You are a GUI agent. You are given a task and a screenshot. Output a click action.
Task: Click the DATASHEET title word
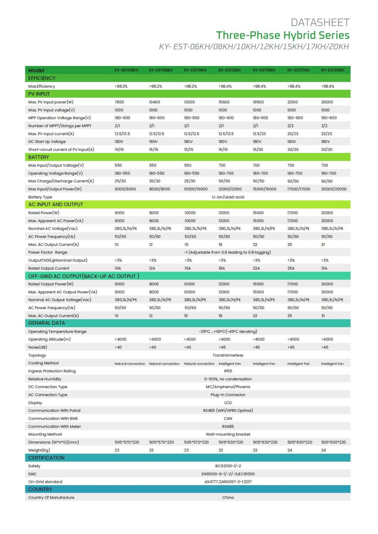pos(320,23)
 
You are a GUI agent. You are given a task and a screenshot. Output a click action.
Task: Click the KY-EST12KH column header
pos(229,70)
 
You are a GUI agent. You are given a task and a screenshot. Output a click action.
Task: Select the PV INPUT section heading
pos(39,94)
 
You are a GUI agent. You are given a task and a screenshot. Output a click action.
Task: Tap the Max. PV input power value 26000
pos(327,102)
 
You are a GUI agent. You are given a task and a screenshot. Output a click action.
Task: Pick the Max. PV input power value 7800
pos(119,102)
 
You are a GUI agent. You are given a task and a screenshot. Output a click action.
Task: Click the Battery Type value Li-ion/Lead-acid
pos(228,197)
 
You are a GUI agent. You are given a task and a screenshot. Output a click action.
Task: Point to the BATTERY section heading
pos(39,157)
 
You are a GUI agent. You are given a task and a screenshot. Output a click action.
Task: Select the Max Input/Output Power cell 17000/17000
pos(298,189)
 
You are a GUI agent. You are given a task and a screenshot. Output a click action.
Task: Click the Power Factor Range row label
pos(48,252)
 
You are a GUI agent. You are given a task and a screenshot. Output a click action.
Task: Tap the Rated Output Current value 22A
pos(256,268)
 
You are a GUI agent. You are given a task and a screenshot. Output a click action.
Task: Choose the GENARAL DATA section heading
pos(46,323)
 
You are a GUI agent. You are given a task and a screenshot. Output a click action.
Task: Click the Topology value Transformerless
pos(228,355)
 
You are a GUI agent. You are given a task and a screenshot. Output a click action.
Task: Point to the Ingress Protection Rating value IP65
pos(228,371)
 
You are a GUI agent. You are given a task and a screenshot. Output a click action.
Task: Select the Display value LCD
pos(228,403)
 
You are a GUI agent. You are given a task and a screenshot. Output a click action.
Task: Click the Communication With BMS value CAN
pos(228,419)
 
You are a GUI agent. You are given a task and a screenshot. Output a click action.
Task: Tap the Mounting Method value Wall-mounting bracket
pos(228,435)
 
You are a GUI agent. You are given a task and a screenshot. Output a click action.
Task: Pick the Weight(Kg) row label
pos(39,450)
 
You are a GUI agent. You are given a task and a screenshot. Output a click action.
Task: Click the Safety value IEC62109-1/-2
pos(228,466)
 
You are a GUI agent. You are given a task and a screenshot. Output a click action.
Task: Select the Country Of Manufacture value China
pos(228,498)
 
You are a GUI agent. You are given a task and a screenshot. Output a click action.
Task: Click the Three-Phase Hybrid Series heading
pos(282,35)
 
